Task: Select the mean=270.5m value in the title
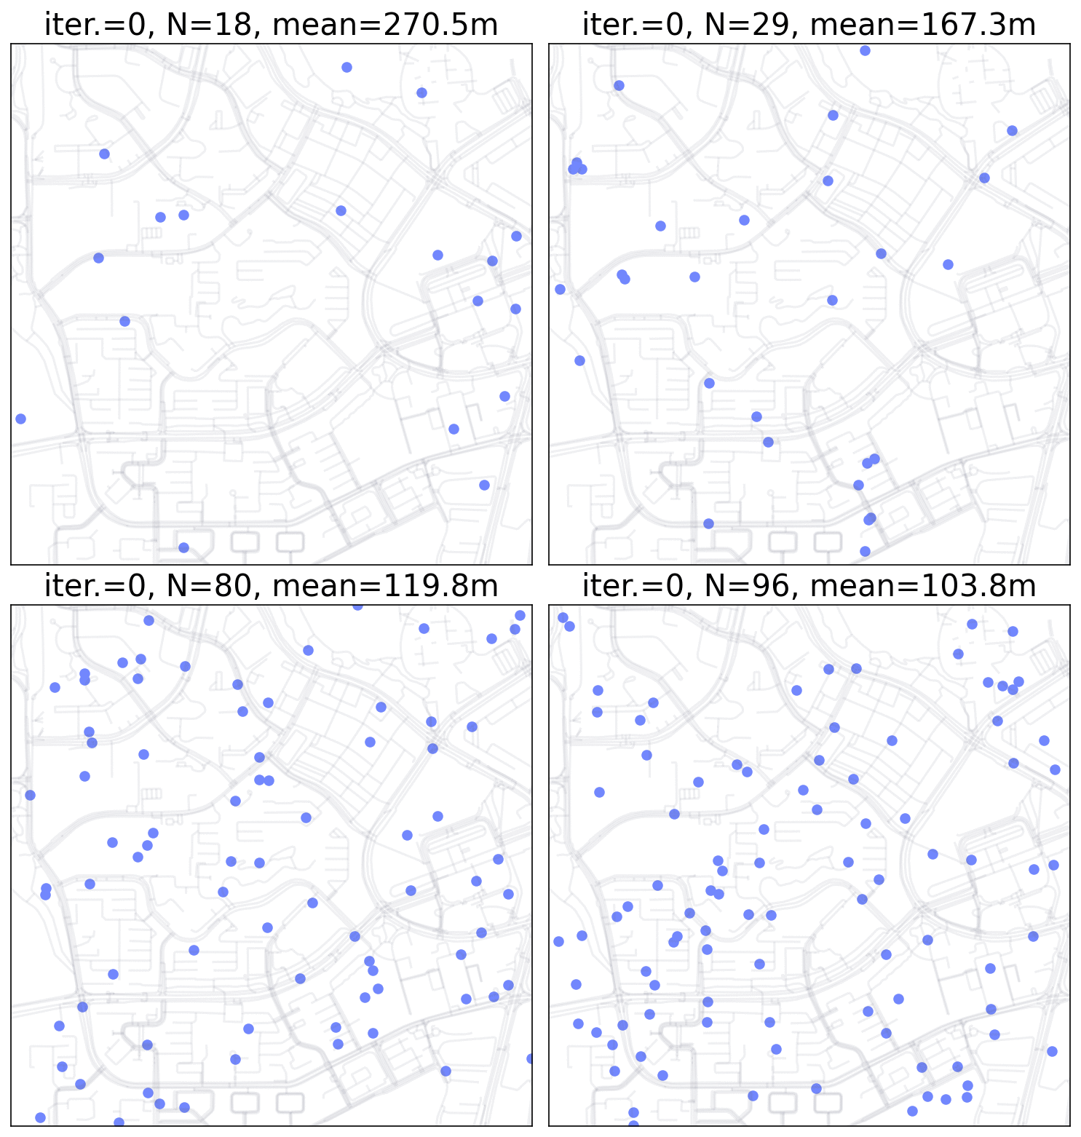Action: (384, 25)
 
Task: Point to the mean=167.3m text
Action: (922, 25)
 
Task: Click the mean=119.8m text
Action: (384, 586)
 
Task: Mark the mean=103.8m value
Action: (922, 586)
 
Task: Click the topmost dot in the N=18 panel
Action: (347, 67)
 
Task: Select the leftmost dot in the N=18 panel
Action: (20, 419)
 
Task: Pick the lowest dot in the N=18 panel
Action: (183, 547)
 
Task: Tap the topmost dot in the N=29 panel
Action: (865, 50)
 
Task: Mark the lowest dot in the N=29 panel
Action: (865, 551)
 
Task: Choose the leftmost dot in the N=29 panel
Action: (560, 289)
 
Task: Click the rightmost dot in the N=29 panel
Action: (1012, 130)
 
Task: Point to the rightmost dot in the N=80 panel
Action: (530, 1058)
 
